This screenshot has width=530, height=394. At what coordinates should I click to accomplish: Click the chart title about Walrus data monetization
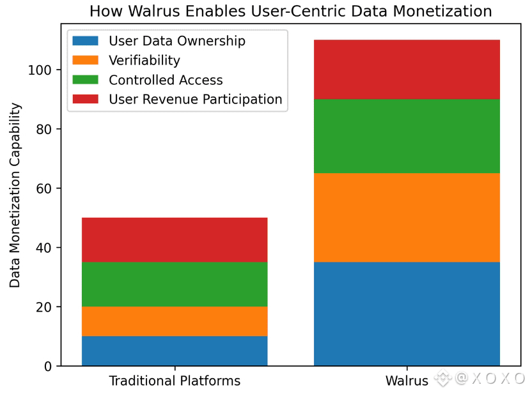[290, 11]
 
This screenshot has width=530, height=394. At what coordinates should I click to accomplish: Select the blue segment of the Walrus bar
[407, 314]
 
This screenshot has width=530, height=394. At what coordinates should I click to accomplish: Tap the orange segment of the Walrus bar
[407, 218]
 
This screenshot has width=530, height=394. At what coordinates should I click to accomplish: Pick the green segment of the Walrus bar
[407, 136]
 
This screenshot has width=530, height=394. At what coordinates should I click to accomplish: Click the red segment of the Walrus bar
[407, 70]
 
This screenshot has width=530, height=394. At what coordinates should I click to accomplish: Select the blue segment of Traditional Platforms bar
[175, 351]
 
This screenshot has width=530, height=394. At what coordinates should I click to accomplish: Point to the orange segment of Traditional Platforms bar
[175, 321]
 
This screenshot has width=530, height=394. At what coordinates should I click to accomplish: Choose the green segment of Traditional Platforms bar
[175, 284]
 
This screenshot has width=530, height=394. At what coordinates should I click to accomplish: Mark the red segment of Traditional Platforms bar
[175, 239]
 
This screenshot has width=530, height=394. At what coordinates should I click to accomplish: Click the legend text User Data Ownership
[177, 42]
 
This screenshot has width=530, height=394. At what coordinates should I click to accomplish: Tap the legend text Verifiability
[144, 61]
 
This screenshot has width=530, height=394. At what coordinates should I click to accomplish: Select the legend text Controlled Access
[166, 80]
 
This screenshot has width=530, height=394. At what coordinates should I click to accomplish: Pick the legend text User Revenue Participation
[195, 99]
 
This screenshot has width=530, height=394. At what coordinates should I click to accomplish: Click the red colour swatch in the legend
[86, 99]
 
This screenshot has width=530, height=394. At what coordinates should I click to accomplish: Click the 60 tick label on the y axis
[45, 188]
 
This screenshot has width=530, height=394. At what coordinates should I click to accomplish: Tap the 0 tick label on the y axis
[49, 367]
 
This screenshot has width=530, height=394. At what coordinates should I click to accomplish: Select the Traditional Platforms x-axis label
[175, 381]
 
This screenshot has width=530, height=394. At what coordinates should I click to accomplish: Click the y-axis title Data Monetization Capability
[15, 195]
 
